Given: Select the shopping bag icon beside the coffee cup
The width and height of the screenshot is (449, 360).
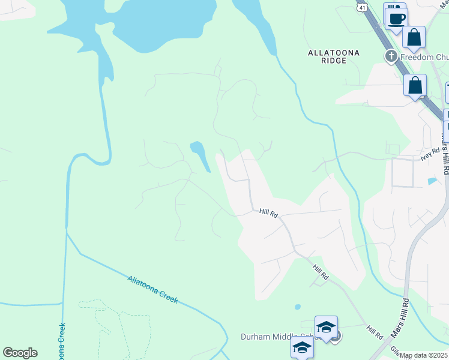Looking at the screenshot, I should click(x=414, y=38).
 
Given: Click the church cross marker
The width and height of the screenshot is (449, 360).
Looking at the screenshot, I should click(x=391, y=56).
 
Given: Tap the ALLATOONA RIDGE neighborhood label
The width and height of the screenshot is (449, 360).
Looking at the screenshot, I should click(x=334, y=56).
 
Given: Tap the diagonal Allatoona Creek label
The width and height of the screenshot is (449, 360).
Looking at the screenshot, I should click(x=152, y=289).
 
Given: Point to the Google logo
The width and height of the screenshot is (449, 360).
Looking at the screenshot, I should click(x=20, y=353).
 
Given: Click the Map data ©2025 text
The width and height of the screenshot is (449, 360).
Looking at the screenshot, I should click(x=424, y=355).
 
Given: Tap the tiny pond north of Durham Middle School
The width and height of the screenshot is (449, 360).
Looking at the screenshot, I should click(x=298, y=307).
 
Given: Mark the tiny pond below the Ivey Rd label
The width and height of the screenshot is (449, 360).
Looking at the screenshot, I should click(x=432, y=181).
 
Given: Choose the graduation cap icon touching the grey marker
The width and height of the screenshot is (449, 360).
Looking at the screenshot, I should click(x=325, y=328).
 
